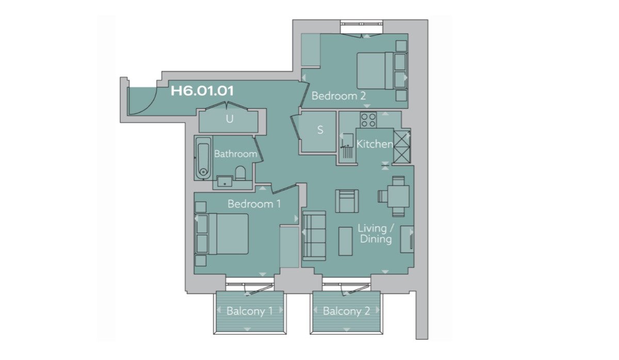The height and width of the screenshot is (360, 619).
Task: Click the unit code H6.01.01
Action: (x=202, y=91)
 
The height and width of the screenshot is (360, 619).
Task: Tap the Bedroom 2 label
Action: (x=338, y=96)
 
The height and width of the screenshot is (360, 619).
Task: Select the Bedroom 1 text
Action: (x=254, y=204)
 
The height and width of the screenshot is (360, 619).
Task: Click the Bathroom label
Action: (x=235, y=154)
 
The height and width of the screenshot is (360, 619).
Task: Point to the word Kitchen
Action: (x=374, y=144)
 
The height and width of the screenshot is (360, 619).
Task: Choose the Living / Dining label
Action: (x=376, y=234)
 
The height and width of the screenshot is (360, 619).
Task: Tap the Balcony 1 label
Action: (x=250, y=311)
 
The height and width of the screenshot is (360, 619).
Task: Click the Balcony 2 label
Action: (x=346, y=311)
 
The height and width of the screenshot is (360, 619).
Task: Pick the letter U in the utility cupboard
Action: (x=230, y=119)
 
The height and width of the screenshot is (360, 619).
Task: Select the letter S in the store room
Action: (x=320, y=129)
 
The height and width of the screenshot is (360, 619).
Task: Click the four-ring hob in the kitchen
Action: (x=368, y=120)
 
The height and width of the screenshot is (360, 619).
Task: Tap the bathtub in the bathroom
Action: (x=203, y=157)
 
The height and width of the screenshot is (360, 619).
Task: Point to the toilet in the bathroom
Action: (x=240, y=173)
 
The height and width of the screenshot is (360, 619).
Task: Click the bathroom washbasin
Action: (x=225, y=182)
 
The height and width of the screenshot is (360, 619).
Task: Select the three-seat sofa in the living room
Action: (x=314, y=236)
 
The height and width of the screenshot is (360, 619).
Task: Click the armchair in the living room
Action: (x=347, y=201)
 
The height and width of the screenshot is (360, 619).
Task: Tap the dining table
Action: (x=398, y=197)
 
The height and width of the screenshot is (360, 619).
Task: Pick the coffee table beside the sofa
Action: (x=346, y=241)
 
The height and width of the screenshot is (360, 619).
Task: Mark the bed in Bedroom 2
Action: (x=375, y=71)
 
